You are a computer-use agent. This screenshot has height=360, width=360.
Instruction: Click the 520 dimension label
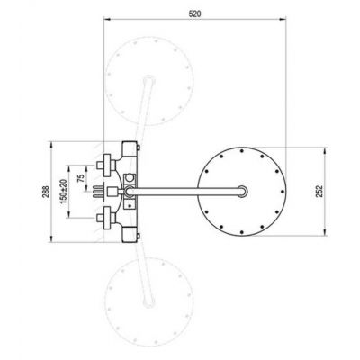click(194, 13)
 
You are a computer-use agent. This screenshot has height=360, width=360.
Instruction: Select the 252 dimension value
click(319, 191)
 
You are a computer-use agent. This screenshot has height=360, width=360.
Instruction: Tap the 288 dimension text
click(46, 192)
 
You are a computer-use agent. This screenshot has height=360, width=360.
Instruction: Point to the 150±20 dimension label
click(63, 192)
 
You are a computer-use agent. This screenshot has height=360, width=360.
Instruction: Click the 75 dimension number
click(81, 178)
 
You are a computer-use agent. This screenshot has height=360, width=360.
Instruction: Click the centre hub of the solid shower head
click(242, 192)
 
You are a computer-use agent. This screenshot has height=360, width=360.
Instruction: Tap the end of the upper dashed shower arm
click(148, 80)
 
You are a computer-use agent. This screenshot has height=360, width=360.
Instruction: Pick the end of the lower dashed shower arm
click(148, 302)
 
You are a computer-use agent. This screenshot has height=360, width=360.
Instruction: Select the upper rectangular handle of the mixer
click(130, 149)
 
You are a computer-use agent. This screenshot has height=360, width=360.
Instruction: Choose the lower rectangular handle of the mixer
click(130, 234)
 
